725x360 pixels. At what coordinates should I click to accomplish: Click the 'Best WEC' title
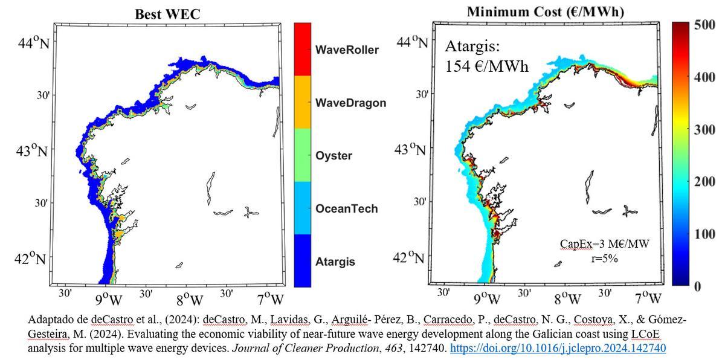click(x=168, y=14)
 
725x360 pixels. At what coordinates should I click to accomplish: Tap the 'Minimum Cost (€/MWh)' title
click(x=546, y=12)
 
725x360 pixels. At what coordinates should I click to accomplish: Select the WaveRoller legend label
click(x=347, y=50)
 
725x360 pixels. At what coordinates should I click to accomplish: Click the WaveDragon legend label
click(x=351, y=103)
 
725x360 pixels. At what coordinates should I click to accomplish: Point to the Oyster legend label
click(x=333, y=156)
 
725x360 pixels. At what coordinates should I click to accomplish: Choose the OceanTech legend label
click(x=347, y=208)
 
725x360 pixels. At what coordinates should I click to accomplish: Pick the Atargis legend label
click(x=335, y=262)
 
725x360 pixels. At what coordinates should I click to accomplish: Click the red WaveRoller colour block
click(x=303, y=49)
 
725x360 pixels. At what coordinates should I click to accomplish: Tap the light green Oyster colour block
click(x=303, y=155)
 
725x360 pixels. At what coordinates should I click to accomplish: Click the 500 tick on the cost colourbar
click(x=704, y=25)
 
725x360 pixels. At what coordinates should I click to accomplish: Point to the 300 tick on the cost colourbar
click(x=704, y=130)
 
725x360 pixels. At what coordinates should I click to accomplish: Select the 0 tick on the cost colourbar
click(x=697, y=286)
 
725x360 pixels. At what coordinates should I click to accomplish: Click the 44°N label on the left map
click(x=34, y=42)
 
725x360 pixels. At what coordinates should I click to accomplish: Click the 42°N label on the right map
click(x=408, y=257)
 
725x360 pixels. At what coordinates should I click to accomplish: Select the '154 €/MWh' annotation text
click(x=487, y=66)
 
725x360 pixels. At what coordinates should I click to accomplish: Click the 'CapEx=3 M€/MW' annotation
click(x=605, y=244)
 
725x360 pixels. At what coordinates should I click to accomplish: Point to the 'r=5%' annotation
click(x=604, y=259)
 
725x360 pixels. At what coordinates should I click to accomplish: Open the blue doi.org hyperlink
click(x=558, y=348)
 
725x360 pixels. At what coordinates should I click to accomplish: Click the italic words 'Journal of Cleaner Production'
click(x=305, y=348)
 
